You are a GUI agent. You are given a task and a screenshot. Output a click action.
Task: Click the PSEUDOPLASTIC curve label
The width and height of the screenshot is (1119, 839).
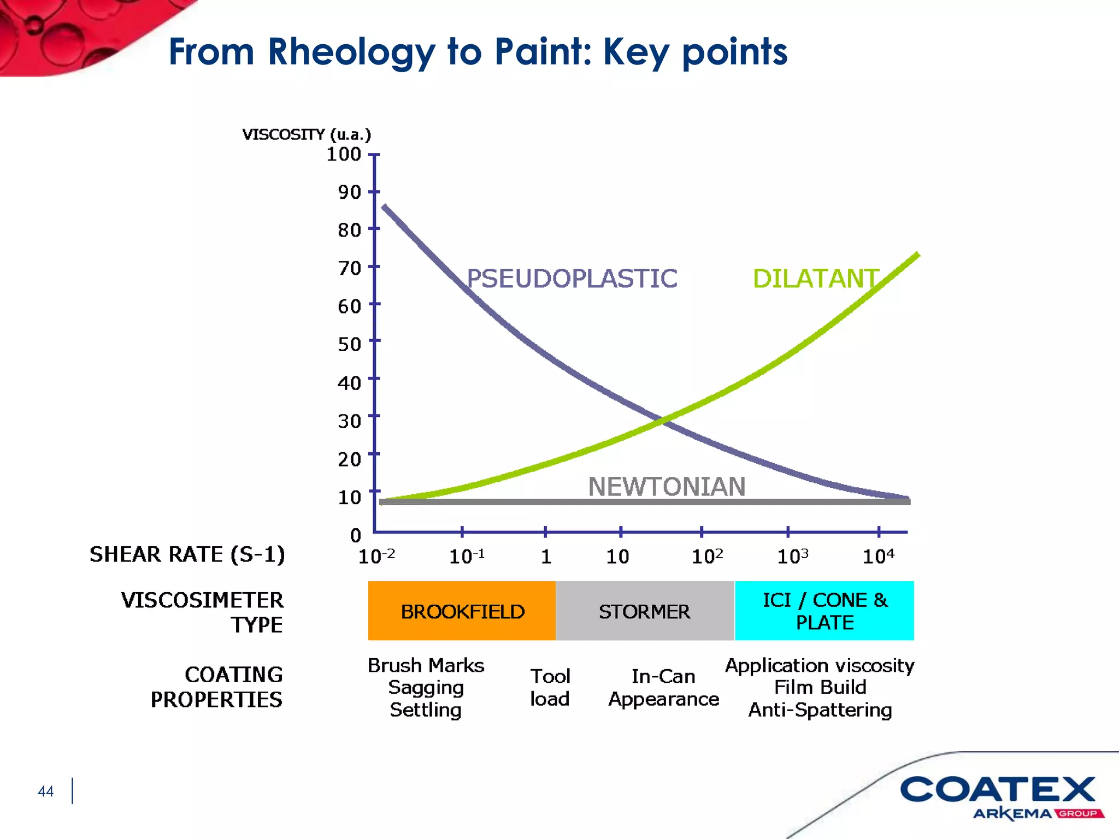tap(572, 279)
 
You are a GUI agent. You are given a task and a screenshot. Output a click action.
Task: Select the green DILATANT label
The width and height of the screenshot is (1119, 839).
tap(815, 279)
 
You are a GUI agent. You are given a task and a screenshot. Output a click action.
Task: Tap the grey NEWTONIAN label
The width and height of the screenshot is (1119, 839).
tap(667, 486)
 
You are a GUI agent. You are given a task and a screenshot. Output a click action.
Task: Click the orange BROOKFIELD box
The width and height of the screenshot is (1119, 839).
tap(462, 611)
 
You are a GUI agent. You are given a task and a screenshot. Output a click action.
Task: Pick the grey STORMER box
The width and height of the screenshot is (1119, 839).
tap(645, 611)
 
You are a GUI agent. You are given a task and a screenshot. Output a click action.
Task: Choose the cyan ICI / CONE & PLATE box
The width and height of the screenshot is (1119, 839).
tap(824, 611)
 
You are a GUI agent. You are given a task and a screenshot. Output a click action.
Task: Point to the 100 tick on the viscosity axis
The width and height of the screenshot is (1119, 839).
tap(344, 154)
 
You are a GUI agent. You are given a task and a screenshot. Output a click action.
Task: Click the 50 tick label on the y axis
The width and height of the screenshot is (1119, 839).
tap(350, 344)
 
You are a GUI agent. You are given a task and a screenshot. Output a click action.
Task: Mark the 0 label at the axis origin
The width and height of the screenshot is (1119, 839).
tap(356, 535)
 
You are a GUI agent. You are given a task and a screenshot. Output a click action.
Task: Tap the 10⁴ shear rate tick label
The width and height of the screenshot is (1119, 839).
tap(878, 556)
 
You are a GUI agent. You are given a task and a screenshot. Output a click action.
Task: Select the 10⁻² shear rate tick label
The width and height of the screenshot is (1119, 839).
tap(376, 556)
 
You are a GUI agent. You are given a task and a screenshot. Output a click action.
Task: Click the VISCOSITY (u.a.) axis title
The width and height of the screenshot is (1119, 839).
tap(307, 134)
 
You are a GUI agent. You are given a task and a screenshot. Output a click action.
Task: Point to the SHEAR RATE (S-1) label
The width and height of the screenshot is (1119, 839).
tap(187, 554)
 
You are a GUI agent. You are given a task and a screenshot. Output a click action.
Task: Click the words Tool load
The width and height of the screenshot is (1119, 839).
tap(550, 687)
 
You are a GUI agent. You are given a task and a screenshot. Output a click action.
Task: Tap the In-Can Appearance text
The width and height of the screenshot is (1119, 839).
tap(663, 687)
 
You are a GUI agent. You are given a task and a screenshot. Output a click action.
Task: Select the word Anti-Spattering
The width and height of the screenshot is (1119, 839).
tap(820, 710)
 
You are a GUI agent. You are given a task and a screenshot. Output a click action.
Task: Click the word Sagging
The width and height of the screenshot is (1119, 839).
tap(426, 687)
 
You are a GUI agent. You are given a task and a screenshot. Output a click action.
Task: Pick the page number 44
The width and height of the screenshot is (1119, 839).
tap(46, 791)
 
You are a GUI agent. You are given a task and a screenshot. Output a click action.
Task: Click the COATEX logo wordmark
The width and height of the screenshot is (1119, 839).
tap(998, 790)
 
